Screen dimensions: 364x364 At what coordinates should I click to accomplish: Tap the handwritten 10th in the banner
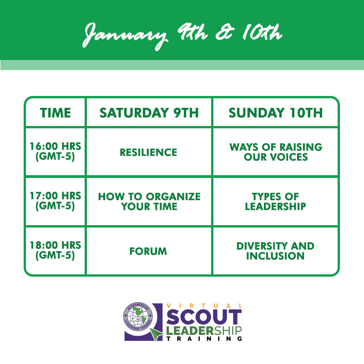point(263,32)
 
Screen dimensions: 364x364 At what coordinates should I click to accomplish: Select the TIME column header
point(56,113)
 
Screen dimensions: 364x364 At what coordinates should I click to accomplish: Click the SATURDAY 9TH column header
point(149,113)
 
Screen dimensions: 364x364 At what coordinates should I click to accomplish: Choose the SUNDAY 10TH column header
point(276,113)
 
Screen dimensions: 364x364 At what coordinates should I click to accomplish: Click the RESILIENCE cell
point(148,152)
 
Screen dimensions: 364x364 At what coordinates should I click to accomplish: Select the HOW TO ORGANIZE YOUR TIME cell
point(149,202)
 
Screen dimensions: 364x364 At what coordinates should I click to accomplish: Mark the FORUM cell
point(148,251)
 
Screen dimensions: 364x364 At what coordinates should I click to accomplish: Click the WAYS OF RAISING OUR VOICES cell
point(276,152)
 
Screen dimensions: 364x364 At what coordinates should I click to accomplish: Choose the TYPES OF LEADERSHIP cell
point(276,202)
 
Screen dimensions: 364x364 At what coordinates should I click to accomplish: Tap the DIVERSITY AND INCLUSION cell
point(275,251)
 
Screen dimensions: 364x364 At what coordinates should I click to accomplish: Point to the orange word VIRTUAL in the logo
point(204,306)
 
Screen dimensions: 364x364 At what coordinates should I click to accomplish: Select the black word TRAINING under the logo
point(204,339)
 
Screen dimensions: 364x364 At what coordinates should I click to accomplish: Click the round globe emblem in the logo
point(138,316)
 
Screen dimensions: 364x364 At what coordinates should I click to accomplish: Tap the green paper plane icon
point(156,334)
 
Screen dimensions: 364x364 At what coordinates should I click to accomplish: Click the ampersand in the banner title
point(224,33)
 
